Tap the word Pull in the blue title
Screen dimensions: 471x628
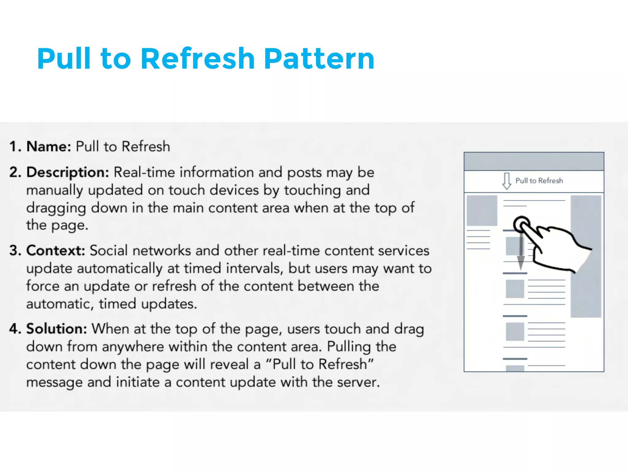pyautogui.click(x=64, y=59)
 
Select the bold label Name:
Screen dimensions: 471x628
pyautogui.click(x=49, y=146)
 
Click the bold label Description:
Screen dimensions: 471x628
pyautogui.click(x=68, y=172)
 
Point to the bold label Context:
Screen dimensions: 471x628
pyautogui.click(x=56, y=251)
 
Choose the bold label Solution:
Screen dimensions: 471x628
pyautogui.click(x=57, y=329)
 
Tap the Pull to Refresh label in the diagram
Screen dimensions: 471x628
pyautogui.click(x=539, y=181)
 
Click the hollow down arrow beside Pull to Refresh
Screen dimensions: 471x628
pyautogui.click(x=507, y=181)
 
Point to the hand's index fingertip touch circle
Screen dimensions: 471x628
pyautogui.click(x=521, y=224)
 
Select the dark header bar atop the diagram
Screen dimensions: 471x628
pyautogui.click(x=534, y=161)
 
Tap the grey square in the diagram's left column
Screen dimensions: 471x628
pyautogui.click(x=482, y=210)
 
